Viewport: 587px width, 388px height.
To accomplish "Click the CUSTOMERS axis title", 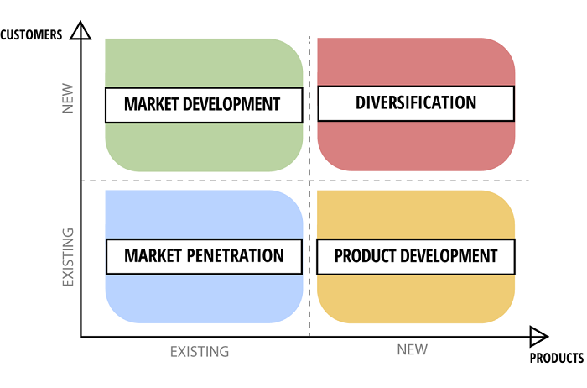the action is click(x=31, y=35).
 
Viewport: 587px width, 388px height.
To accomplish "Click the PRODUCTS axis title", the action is click(x=557, y=358).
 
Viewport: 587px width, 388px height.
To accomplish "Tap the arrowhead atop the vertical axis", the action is click(x=81, y=30).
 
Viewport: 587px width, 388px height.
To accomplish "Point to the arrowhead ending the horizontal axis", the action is click(x=539, y=337).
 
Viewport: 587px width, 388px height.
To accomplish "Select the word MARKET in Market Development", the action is click(x=151, y=104).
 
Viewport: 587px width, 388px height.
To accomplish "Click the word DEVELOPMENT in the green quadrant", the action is click(x=231, y=104).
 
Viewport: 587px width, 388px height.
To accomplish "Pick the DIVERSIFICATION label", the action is click(x=416, y=102).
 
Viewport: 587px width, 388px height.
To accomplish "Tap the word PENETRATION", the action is click(x=235, y=255).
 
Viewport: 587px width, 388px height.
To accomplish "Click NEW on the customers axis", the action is click(x=68, y=98).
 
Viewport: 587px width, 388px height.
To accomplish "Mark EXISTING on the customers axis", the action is click(x=68, y=257).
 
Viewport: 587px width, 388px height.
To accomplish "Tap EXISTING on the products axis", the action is click(x=200, y=352).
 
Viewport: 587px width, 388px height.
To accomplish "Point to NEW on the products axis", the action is click(x=413, y=349).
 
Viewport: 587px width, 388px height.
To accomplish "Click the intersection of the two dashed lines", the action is click(x=309, y=181).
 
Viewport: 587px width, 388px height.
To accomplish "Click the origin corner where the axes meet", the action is click(x=81, y=337).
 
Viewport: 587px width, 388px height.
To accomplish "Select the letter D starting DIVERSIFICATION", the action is click(x=360, y=102).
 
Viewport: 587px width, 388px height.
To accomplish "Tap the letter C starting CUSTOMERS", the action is click(x=3, y=35).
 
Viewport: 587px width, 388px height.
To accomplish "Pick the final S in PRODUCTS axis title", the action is click(x=581, y=358).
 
